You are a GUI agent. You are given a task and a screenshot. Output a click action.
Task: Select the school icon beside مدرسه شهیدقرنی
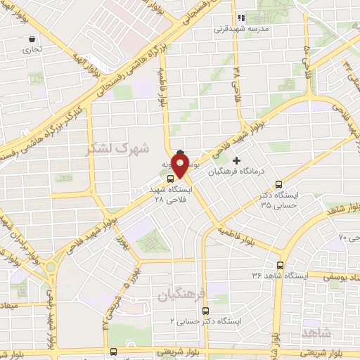pyautogui.click(x=240, y=18)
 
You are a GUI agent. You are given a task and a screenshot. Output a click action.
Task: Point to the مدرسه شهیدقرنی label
pyautogui.click(x=243, y=30)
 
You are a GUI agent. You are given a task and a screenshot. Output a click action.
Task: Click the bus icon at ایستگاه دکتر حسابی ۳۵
pyautogui.click(x=279, y=184)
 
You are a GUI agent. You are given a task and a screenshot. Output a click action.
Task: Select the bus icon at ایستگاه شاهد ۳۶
pyautogui.click(x=281, y=265)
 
